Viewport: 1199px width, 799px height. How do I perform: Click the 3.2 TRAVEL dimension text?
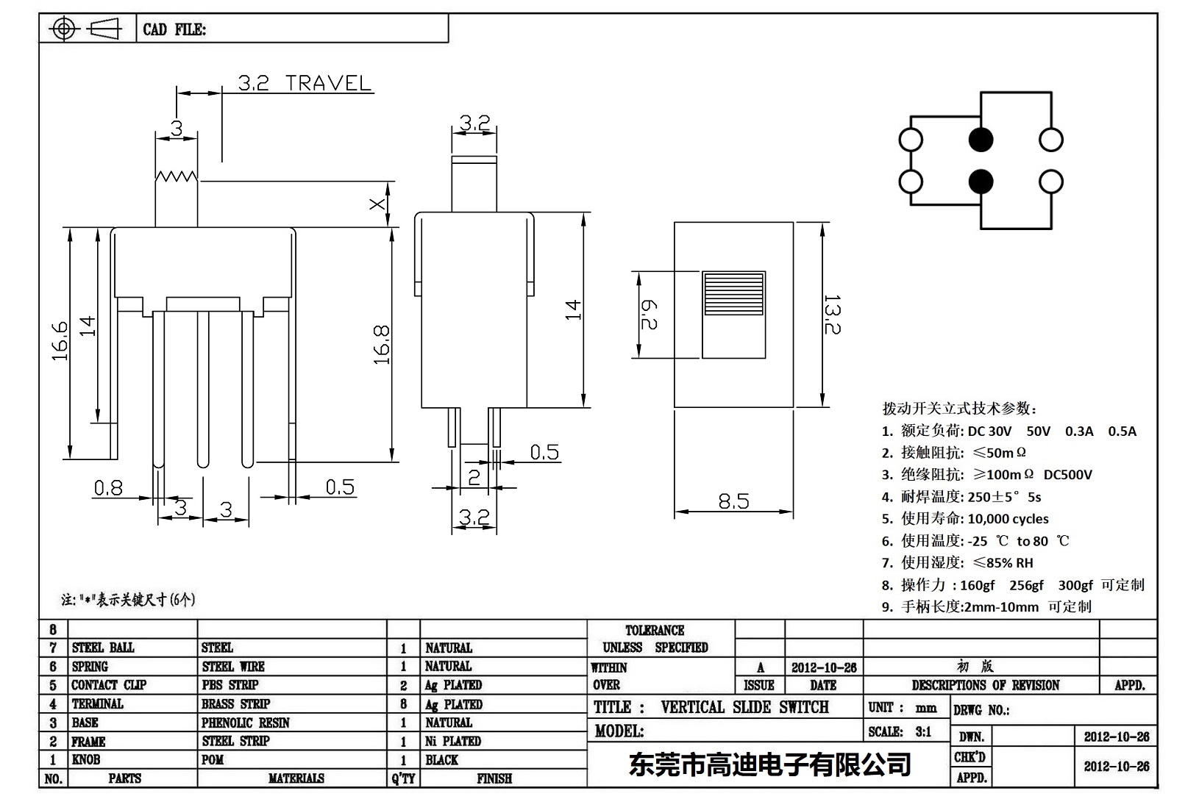tap(305, 83)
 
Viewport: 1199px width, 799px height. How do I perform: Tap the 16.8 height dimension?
tap(382, 345)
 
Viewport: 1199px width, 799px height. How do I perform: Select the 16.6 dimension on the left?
tap(60, 341)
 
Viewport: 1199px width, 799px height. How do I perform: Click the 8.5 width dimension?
tap(733, 501)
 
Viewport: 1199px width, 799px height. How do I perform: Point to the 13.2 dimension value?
tap(832, 315)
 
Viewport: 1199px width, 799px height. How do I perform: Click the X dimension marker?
tap(377, 203)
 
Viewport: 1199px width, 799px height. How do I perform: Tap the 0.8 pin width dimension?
tap(108, 488)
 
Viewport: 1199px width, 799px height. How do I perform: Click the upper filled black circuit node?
tap(981, 140)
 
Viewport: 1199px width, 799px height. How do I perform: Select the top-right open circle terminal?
tap(1050, 140)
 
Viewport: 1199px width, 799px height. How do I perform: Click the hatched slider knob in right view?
tap(734, 293)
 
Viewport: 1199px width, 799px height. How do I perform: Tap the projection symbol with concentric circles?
tap(64, 29)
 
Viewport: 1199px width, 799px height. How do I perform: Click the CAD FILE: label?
tap(174, 30)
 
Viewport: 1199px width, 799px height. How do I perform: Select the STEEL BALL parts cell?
tap(103, 648)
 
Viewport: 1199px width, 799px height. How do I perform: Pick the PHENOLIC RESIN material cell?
tap(246, 723)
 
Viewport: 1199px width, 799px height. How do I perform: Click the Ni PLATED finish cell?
tap(453, 741)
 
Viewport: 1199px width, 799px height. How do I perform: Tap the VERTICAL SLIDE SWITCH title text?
tap(744, 707)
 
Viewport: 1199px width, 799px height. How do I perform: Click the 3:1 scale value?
tap(923, 731)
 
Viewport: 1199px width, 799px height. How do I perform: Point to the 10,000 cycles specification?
tap(1008, 519)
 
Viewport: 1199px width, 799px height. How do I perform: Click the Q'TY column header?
tap(403, 778)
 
